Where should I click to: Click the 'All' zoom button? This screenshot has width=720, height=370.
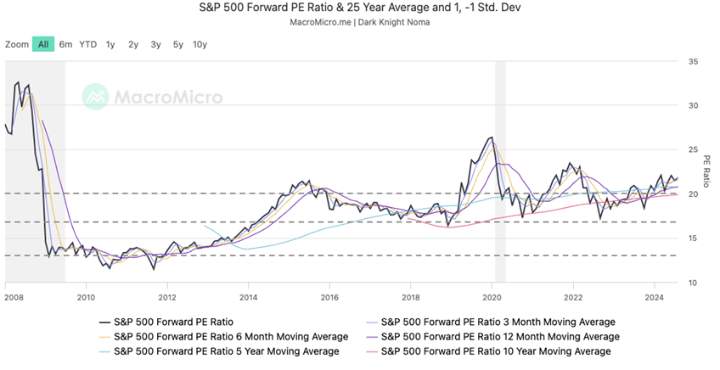tap(43, 44)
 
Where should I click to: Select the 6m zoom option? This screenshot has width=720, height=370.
tap(65, 44)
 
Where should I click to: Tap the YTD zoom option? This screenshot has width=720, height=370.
tap(87, 44)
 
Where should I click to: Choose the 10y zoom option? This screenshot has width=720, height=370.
tap(200, 44)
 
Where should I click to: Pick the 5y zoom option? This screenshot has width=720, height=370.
tap(177, 44)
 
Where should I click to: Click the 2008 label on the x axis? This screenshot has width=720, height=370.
tap(13, 297)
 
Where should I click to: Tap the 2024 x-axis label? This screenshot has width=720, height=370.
tap(655, 297)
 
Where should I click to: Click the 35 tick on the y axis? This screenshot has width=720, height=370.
tap(694, 62)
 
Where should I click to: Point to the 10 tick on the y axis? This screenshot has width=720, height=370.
tap(694, 283)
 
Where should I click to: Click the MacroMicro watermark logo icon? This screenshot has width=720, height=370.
tap(95, 97)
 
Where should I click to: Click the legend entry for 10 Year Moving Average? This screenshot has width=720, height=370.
tap(495, 350)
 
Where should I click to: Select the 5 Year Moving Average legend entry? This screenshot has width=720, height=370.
tap(226, 350)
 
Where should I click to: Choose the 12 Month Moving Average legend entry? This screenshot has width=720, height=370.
tap(495, 336)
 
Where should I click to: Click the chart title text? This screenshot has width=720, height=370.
tap(360, 8)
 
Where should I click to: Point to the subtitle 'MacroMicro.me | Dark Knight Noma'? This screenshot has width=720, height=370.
tap(360, 22)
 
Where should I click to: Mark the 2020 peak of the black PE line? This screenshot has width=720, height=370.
tap(492, 137)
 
